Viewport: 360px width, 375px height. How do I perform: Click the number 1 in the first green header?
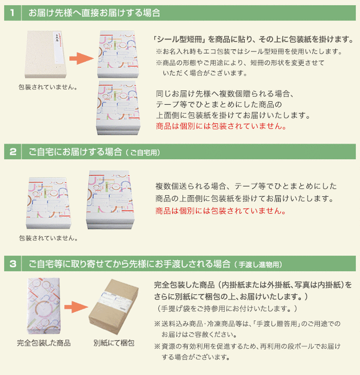pyautogui.click(x=12, y=13)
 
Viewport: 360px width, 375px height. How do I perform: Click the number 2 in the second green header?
pyautogui.click(x=13, y=152)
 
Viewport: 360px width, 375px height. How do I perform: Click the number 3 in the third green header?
pyautogui.click(x=13, y=264)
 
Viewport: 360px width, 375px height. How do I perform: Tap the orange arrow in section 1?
pyautogui.click(x=81, y=59)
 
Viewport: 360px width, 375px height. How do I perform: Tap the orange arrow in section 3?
pyautogui.click(x=76, y=307)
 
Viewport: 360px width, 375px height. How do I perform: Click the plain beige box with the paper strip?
pyautogui.click(x=45, y=54)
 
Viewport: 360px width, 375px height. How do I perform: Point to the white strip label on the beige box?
pyautogui.click(x=59, y=48)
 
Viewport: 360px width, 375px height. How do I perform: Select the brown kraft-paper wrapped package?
pyautogui.click(x=114, y=307)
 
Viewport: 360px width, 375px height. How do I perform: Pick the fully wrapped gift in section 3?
pyautogui.click(x=44, y=306)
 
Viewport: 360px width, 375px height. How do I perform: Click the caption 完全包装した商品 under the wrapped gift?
pyautogui.click(x=44, y=343)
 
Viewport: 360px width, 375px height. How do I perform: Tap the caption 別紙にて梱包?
pyautogui.click(x=114, y=343)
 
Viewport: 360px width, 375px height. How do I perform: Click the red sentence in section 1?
pyautogui.click(x=221, y=126)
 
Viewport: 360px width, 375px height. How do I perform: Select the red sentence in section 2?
pyautogui.click(x=221, y=211)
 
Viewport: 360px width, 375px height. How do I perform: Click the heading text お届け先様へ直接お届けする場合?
pyautogui.click(x=94, y=13)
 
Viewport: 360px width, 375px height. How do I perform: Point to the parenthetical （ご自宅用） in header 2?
pyautogui.click(x=143, y=153)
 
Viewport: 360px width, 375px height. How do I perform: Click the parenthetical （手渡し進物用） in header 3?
pyautogui.click(x=258, y=265)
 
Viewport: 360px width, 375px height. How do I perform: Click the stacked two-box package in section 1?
pyautogui.click(x=118, y=108)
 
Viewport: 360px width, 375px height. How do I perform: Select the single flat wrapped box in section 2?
pyautogui.click(x=48, y=203)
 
